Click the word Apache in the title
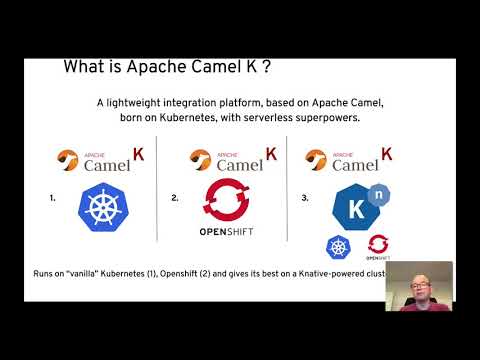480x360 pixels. coord(145,68)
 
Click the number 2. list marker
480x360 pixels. coord(175,198)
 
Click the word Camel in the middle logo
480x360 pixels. coord(223,166)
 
